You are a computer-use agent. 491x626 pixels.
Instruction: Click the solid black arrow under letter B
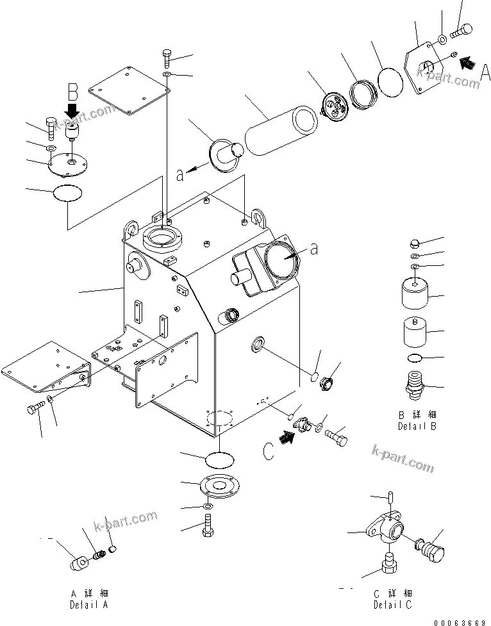click(x=72, y=110)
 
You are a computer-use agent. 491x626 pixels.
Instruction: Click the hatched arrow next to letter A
click(x=469, y=63)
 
